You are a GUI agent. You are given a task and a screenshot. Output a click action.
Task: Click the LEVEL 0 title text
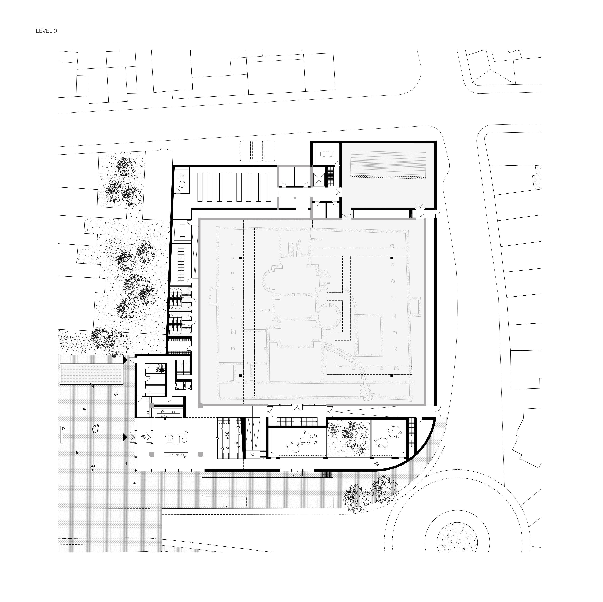tap(46, 31)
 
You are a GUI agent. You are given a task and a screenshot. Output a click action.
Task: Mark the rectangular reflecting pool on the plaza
tap(91, 374)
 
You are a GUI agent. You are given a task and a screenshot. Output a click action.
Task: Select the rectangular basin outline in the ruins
tap(370, 335)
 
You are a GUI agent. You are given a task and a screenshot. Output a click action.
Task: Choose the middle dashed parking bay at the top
tap(257, 151)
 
